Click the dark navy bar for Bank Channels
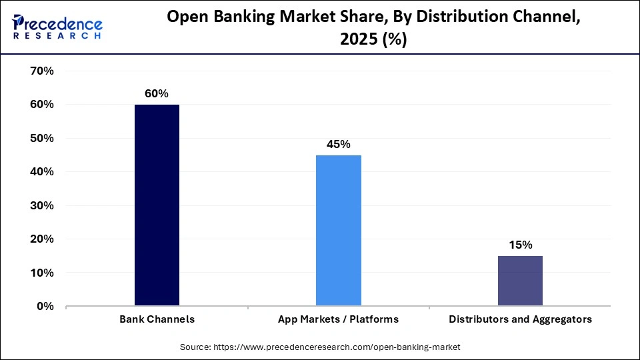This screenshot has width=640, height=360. (x=157, y=205)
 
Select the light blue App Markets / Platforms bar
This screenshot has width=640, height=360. (x=339, y=231)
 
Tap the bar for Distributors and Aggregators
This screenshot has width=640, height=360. (x=520, y=281)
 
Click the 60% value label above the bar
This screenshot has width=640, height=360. (x=157, y=94)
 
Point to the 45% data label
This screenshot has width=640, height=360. (x=339, y=145)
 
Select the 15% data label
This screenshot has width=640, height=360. (x=520, y=245)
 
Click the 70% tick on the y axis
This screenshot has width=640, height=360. (x=41, y=71)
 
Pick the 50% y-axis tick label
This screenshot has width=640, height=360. (x=41, y=138)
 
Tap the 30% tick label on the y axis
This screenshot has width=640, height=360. (x=41, y=205)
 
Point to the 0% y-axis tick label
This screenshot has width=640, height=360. (x=45, y=307)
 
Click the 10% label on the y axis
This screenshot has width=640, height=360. (x=41, y=273)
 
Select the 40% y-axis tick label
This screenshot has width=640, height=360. (x=41, y=172)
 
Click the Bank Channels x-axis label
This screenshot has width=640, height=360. (x=157, y=319)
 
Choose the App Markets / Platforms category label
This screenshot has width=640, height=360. (x=339, y=319)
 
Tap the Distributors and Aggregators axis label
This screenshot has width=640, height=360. (x=520, y=319)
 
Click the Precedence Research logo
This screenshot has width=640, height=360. (x=57, y=27)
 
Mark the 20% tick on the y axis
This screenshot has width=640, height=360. (x=41, y=239)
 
